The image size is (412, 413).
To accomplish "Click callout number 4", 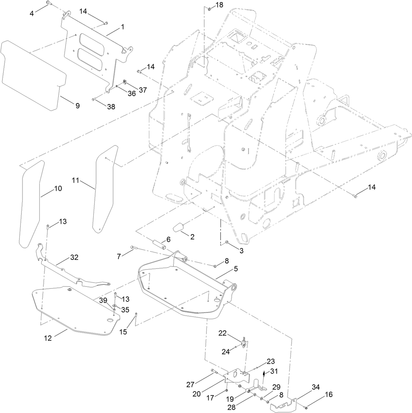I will pyautogui.click(x=32, y=14).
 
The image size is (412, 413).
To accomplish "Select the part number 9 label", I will pyautogui.click(x=77, y=106).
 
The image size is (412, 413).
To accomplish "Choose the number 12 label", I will pyautogui.click(x=48, y=338).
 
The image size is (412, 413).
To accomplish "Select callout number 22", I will pyautogui.click(x=223, y=333).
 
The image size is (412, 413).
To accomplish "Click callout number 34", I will pyautogui.click(x=316, y=387).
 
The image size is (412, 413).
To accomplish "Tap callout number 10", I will pyautogui.click(x=58, y=188).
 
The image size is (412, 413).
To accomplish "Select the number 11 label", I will pyautogui.click(x=75, y=181).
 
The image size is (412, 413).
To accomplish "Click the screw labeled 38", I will pyautogui.click(x=94, y=99).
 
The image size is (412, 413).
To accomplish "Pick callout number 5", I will pyautogui.click(x=235, y=269).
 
